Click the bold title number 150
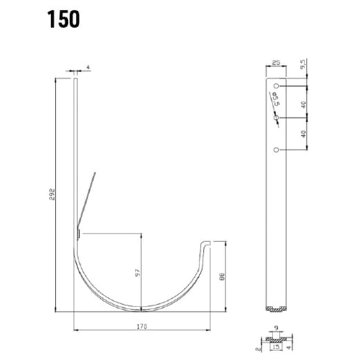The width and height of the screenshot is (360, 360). click(x=64, y=19)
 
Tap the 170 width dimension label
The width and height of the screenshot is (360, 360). click(x=142, y=323)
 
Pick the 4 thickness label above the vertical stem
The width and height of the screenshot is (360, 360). click(x=88, y=67)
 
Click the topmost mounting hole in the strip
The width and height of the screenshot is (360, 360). click(x=277, y=86)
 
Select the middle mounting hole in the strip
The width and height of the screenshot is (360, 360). click(x=277, y=119)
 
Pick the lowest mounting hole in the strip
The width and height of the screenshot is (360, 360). click(x=277, y=149)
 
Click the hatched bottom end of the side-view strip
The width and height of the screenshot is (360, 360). click(x=277, y=309)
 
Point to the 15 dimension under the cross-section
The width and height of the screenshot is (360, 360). click(x=276, y=344)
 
